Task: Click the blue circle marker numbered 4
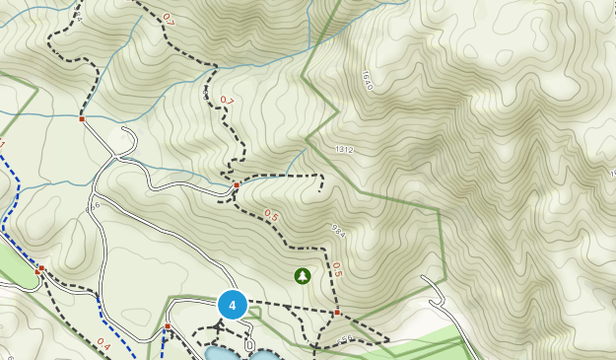(232, 306)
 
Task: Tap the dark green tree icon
(303, 276)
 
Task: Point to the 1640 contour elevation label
(367, 81)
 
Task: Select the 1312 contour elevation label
(343, 149)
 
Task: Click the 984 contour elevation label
(337, 231)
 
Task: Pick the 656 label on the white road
(94, 206)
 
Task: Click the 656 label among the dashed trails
(344, 340)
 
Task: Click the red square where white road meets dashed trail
(82, 119)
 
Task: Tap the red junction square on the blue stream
(237, 184)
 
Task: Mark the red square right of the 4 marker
(337, 313)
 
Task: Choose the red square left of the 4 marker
(168, 326)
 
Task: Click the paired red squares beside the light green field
(39, 269)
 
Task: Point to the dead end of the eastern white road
(424, 279)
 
